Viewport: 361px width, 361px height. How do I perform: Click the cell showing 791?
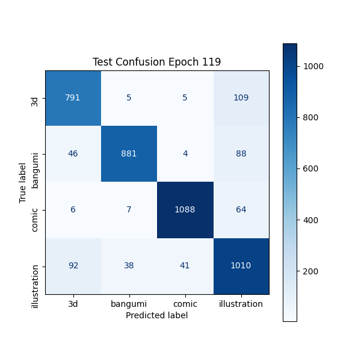click(x=73, y=97)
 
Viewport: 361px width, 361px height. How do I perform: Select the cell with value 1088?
click(x=185, y=209)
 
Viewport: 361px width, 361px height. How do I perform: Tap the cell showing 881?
click(x=129, y=153)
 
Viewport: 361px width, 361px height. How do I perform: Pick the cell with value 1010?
click(x=241, y=265)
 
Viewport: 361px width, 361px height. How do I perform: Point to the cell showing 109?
click(x=241, y=97)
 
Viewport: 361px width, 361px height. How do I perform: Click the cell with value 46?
click(x=73, y=153)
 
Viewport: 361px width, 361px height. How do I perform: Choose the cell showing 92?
click(x=73, y=265)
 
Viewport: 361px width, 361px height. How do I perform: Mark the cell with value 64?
click(x=241, y=209)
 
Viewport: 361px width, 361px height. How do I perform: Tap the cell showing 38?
click(x=129, y=265)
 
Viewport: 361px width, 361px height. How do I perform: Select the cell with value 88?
click(x=241, y=153)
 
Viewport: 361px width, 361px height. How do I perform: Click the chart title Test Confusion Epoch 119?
click(x=156, y=62)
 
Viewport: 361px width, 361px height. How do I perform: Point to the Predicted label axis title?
click(x=156, y=315)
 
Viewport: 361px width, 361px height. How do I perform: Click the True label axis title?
click(x=23, y=182)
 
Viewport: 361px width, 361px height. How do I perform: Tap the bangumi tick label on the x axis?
click(x=129, y=304)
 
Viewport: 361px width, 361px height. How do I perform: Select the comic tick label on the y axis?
click(x=35, y=209)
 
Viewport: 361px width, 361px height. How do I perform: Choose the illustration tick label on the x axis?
click(x=241, y=304)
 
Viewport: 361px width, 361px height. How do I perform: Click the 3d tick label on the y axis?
click(x=35, y=97)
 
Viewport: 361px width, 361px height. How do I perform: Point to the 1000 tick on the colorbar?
click(x=313, y=66)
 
